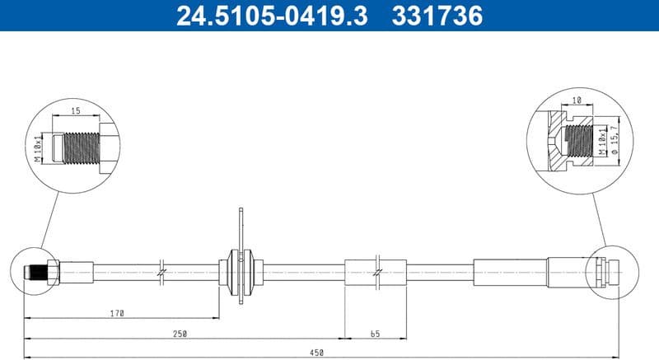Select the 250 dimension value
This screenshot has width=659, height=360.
pos(180,334)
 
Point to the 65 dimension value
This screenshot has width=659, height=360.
pos(375,334)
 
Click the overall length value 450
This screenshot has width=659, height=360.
pos(317,353)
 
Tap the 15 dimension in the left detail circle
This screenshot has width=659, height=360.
pos(75,110)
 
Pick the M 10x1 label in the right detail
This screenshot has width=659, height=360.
pos(602,140)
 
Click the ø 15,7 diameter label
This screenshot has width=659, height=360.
pos(613,140)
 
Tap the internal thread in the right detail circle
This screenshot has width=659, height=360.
pos(580,140)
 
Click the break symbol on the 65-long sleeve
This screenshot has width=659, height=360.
pos(376,270)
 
